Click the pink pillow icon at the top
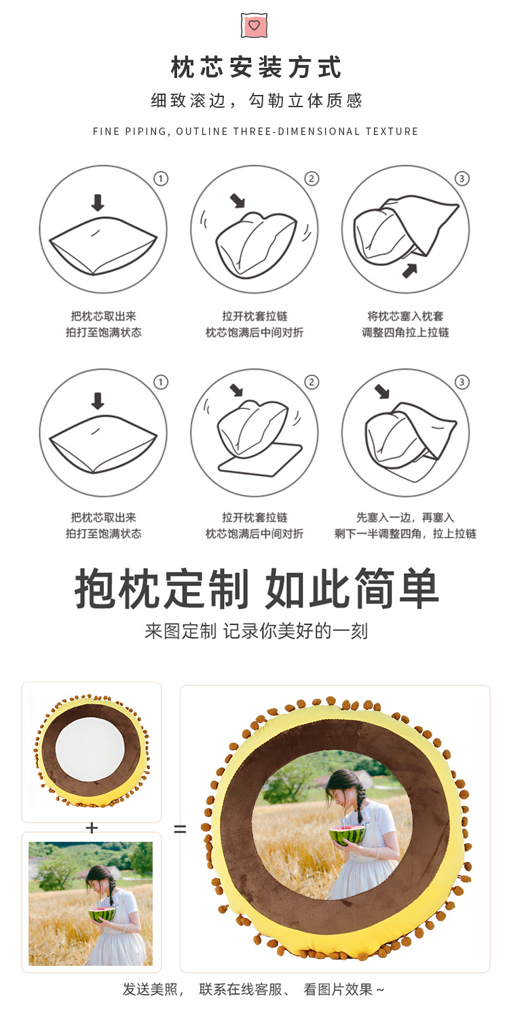coord(254,25)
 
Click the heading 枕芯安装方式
coord(256,69)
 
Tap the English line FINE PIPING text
coord(256,132)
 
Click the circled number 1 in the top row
coord(161,179)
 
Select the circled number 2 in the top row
coord(312,179)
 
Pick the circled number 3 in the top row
coord(462,179)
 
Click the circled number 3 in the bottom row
coord(462,383)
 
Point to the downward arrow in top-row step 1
coord(98,202)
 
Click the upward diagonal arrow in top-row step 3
coord(409,270)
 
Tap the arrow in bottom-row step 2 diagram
coord(236,390)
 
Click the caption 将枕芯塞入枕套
coord(405,316)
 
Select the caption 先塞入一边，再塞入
coord(405,518)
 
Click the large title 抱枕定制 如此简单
coord(257,589)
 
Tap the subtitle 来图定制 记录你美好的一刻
coord(256,632)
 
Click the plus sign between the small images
coord(92,828)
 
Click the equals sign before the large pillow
coord(180,829)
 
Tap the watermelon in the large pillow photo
coord(347,834)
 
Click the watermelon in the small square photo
coord(100,915)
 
